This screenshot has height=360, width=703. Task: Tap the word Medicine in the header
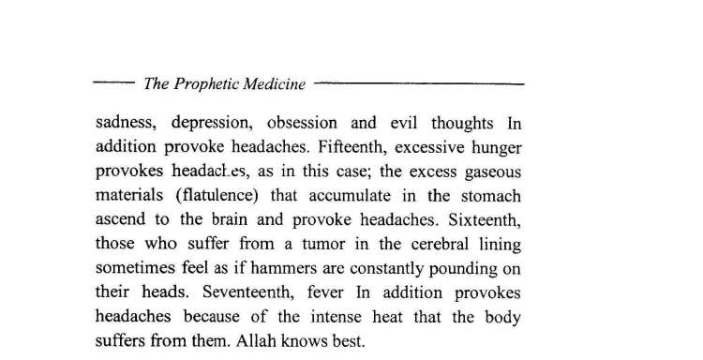[276, 84]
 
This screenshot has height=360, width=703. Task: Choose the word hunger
[493, 148]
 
